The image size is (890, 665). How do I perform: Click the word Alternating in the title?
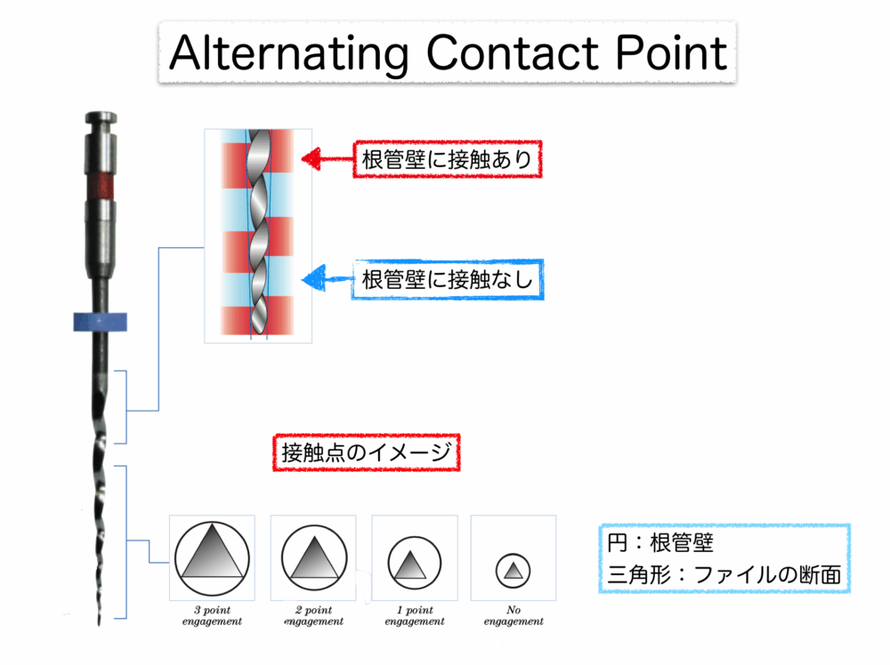coord(289,54)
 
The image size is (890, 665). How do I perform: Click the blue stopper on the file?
coord(100,322)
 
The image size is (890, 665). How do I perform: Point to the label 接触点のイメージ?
coord(366,453)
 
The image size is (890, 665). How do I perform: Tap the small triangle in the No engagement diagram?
coord(513,572)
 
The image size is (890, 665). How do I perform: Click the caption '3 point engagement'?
coord(211,616)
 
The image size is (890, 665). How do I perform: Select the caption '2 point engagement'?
coord(313,616)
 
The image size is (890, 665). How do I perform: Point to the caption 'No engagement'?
coord(513,616)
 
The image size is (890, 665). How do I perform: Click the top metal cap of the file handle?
coord(100,118)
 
